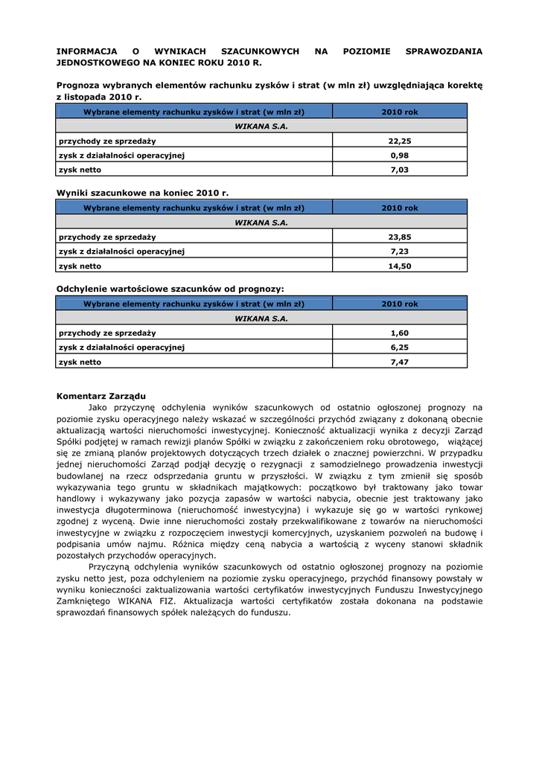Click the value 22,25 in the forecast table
coord(400,141)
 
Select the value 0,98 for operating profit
coord(400,155)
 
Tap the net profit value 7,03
coord(400,169)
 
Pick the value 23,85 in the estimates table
coord(400,237)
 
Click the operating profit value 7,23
coord(400,251)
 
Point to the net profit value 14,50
coord(400,266)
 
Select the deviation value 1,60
coord(400,333)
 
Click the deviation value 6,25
coord(400,347)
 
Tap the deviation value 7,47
coord(400,362)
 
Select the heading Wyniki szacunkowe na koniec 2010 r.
coord(143,193)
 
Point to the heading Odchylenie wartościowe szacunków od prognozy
coord(170,289)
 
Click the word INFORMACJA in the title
coord(87,51)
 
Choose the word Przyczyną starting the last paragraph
coord(109,566)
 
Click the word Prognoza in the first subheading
coord(81,86)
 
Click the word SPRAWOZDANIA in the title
coord(444,51)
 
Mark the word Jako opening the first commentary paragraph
coord(98,407)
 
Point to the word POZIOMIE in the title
coord(366,51)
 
